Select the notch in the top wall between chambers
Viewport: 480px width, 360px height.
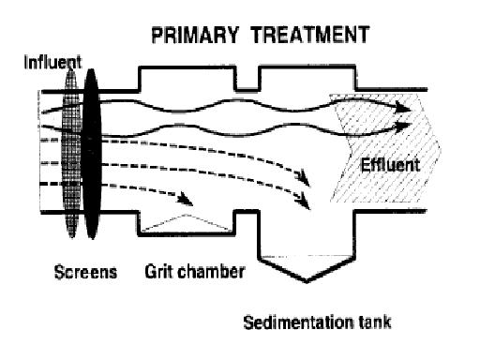[x=247, y=79]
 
